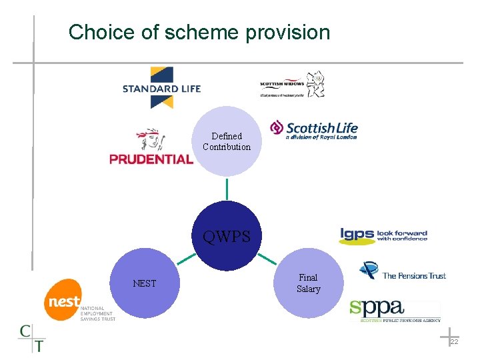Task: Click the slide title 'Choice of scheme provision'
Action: click(x=199, y=32)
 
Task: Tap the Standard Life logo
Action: click(x=161, y=87)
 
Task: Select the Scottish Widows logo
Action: click(x=291, y=85)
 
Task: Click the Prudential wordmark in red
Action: click(x=151, y=159)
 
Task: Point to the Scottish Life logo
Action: click(x=313, y=129)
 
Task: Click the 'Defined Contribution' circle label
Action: click(x=227, y=141)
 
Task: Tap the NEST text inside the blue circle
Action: click(x=144, y=283)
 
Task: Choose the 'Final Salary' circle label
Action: click(x=308, y=283)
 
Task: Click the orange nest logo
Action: click(x=63, y=301)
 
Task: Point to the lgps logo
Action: click(x=383, y=235)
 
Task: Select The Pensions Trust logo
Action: click(x=402, y=271)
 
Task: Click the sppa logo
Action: click(x=395, y=310)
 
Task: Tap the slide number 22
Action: click(x=454, y=341)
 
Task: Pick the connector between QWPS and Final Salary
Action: click(x=267, y=258)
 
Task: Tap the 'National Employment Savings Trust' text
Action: click(x=97, y=314)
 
